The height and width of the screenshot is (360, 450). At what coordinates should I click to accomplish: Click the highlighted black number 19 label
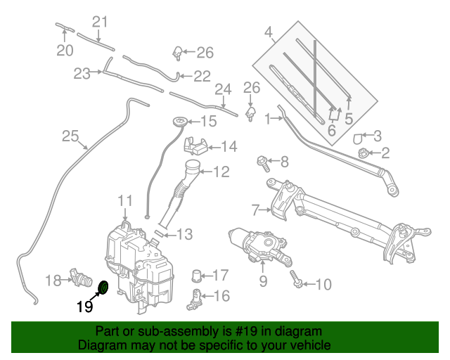(84, 306)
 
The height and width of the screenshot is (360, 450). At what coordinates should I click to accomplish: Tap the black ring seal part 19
(102, 287)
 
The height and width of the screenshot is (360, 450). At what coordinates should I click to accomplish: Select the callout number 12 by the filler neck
(221, 171)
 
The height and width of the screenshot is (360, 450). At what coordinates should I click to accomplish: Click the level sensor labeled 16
(195, 298)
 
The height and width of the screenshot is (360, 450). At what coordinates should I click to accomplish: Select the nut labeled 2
(363, 153)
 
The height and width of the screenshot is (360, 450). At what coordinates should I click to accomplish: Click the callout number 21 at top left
(101, 22)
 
